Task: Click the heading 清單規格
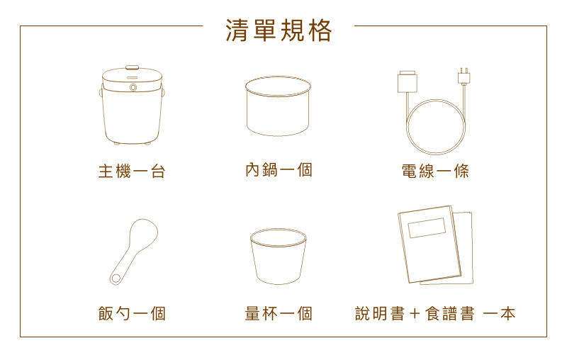click(x=279, y=30)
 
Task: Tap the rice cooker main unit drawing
click(x=132, y=105)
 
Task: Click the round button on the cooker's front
click(x=133, y=87)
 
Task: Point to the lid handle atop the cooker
click(x=132, y=67)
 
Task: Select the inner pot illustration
click(x=278, y=106)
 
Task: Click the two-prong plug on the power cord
click(x=464, y=77)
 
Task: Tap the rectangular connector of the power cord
click(x=407, y=81)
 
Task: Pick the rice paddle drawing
click(x=133, y=252)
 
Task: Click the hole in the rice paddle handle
click(x=116, y=279)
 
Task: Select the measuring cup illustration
click(x=278, y=257)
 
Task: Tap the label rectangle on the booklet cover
click(x=427, y=227)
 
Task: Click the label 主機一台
click(x=132, y=171)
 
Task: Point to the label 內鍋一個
click(x=279, y=169)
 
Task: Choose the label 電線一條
click(x=435, y=171)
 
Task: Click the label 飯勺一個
click(x=132, y=313)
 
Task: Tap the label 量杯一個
click(x=279, y=313)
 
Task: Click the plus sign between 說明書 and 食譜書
click(x=415, y=313)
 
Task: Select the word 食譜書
click(x=449, y=313)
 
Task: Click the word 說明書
click(x=380, y=313)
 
